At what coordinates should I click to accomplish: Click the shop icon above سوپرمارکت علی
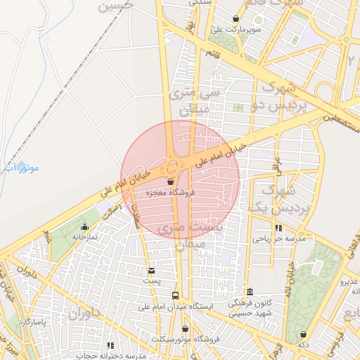click(235, 19)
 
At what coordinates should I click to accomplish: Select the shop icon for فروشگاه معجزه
click(171, 182)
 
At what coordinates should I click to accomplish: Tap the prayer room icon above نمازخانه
click(85, 226)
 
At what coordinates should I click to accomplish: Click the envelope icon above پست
click(152, 270)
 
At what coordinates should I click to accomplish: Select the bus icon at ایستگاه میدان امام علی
click(175, 296)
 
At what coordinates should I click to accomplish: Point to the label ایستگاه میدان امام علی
click(175, 307)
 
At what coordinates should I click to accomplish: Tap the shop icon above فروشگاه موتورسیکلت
click(185, 328)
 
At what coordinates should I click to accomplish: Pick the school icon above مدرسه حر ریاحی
click(278, 228)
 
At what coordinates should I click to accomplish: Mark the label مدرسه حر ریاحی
click(278, 239)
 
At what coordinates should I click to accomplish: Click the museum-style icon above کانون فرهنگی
click(249, 292)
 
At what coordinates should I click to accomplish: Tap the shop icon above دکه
click(303, 335)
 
